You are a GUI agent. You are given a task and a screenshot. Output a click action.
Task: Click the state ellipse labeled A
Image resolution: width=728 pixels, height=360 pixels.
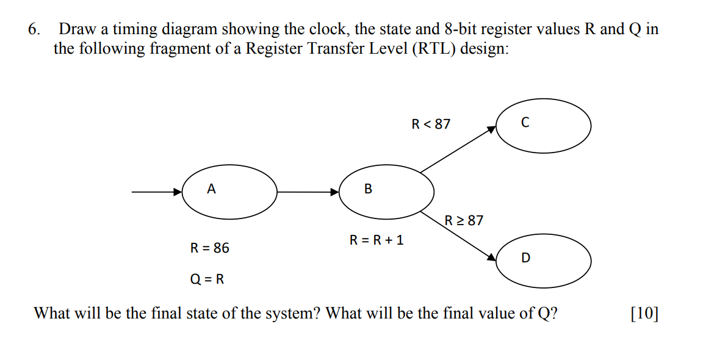[x=230, y=192]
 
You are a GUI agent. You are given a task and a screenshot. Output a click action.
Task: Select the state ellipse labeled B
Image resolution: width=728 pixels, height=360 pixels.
[x=386, y=192]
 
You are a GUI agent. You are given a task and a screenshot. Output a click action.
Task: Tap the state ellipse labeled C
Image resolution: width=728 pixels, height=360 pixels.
[x=543, y=124]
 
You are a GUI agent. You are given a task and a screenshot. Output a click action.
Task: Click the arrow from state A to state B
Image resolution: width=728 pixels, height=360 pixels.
[x=308, y=192]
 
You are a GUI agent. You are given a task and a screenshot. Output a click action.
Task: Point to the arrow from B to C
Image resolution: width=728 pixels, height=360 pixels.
[x=458, y=149]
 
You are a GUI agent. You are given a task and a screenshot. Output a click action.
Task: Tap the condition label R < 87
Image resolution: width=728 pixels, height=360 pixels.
[x=431, y=124]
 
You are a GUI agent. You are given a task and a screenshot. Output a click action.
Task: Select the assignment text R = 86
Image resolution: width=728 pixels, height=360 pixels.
[x=210, y=248]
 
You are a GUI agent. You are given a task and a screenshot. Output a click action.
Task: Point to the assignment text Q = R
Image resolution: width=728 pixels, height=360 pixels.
[x=207, y=280]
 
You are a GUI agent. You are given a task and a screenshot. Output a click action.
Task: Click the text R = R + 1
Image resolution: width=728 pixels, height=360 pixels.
[x=376, y=240]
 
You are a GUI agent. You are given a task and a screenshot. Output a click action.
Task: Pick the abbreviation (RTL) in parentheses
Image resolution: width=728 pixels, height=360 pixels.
[x=435, y=49]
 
